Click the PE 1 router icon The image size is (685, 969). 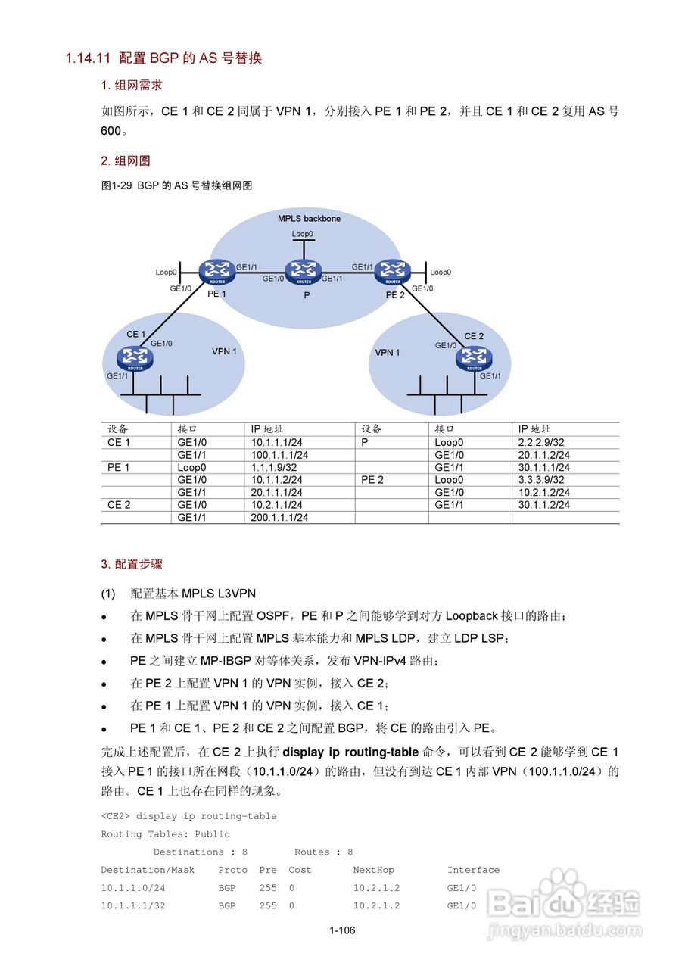point(216,270)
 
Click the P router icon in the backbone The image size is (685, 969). point(304,270)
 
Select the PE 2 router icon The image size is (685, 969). point(392,270)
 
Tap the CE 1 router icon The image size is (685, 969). point(135,357)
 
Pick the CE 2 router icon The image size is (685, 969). point(474,357)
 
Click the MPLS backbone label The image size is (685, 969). point(309,219)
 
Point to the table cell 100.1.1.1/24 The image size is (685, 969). point(280,455)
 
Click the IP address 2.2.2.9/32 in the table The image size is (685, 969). point(541,442)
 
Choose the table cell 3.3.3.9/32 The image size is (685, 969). point(541,480)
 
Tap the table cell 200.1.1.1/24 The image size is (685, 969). point(280,518)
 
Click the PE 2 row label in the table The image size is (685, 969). point(372,480)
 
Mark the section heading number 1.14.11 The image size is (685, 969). point(89,58)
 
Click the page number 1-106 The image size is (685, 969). point(342,930)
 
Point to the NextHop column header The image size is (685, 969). point(373,870)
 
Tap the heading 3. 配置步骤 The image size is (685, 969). point(132,564)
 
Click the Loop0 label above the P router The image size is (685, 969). point(303,234)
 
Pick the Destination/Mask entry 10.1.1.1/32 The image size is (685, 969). point(133,905)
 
